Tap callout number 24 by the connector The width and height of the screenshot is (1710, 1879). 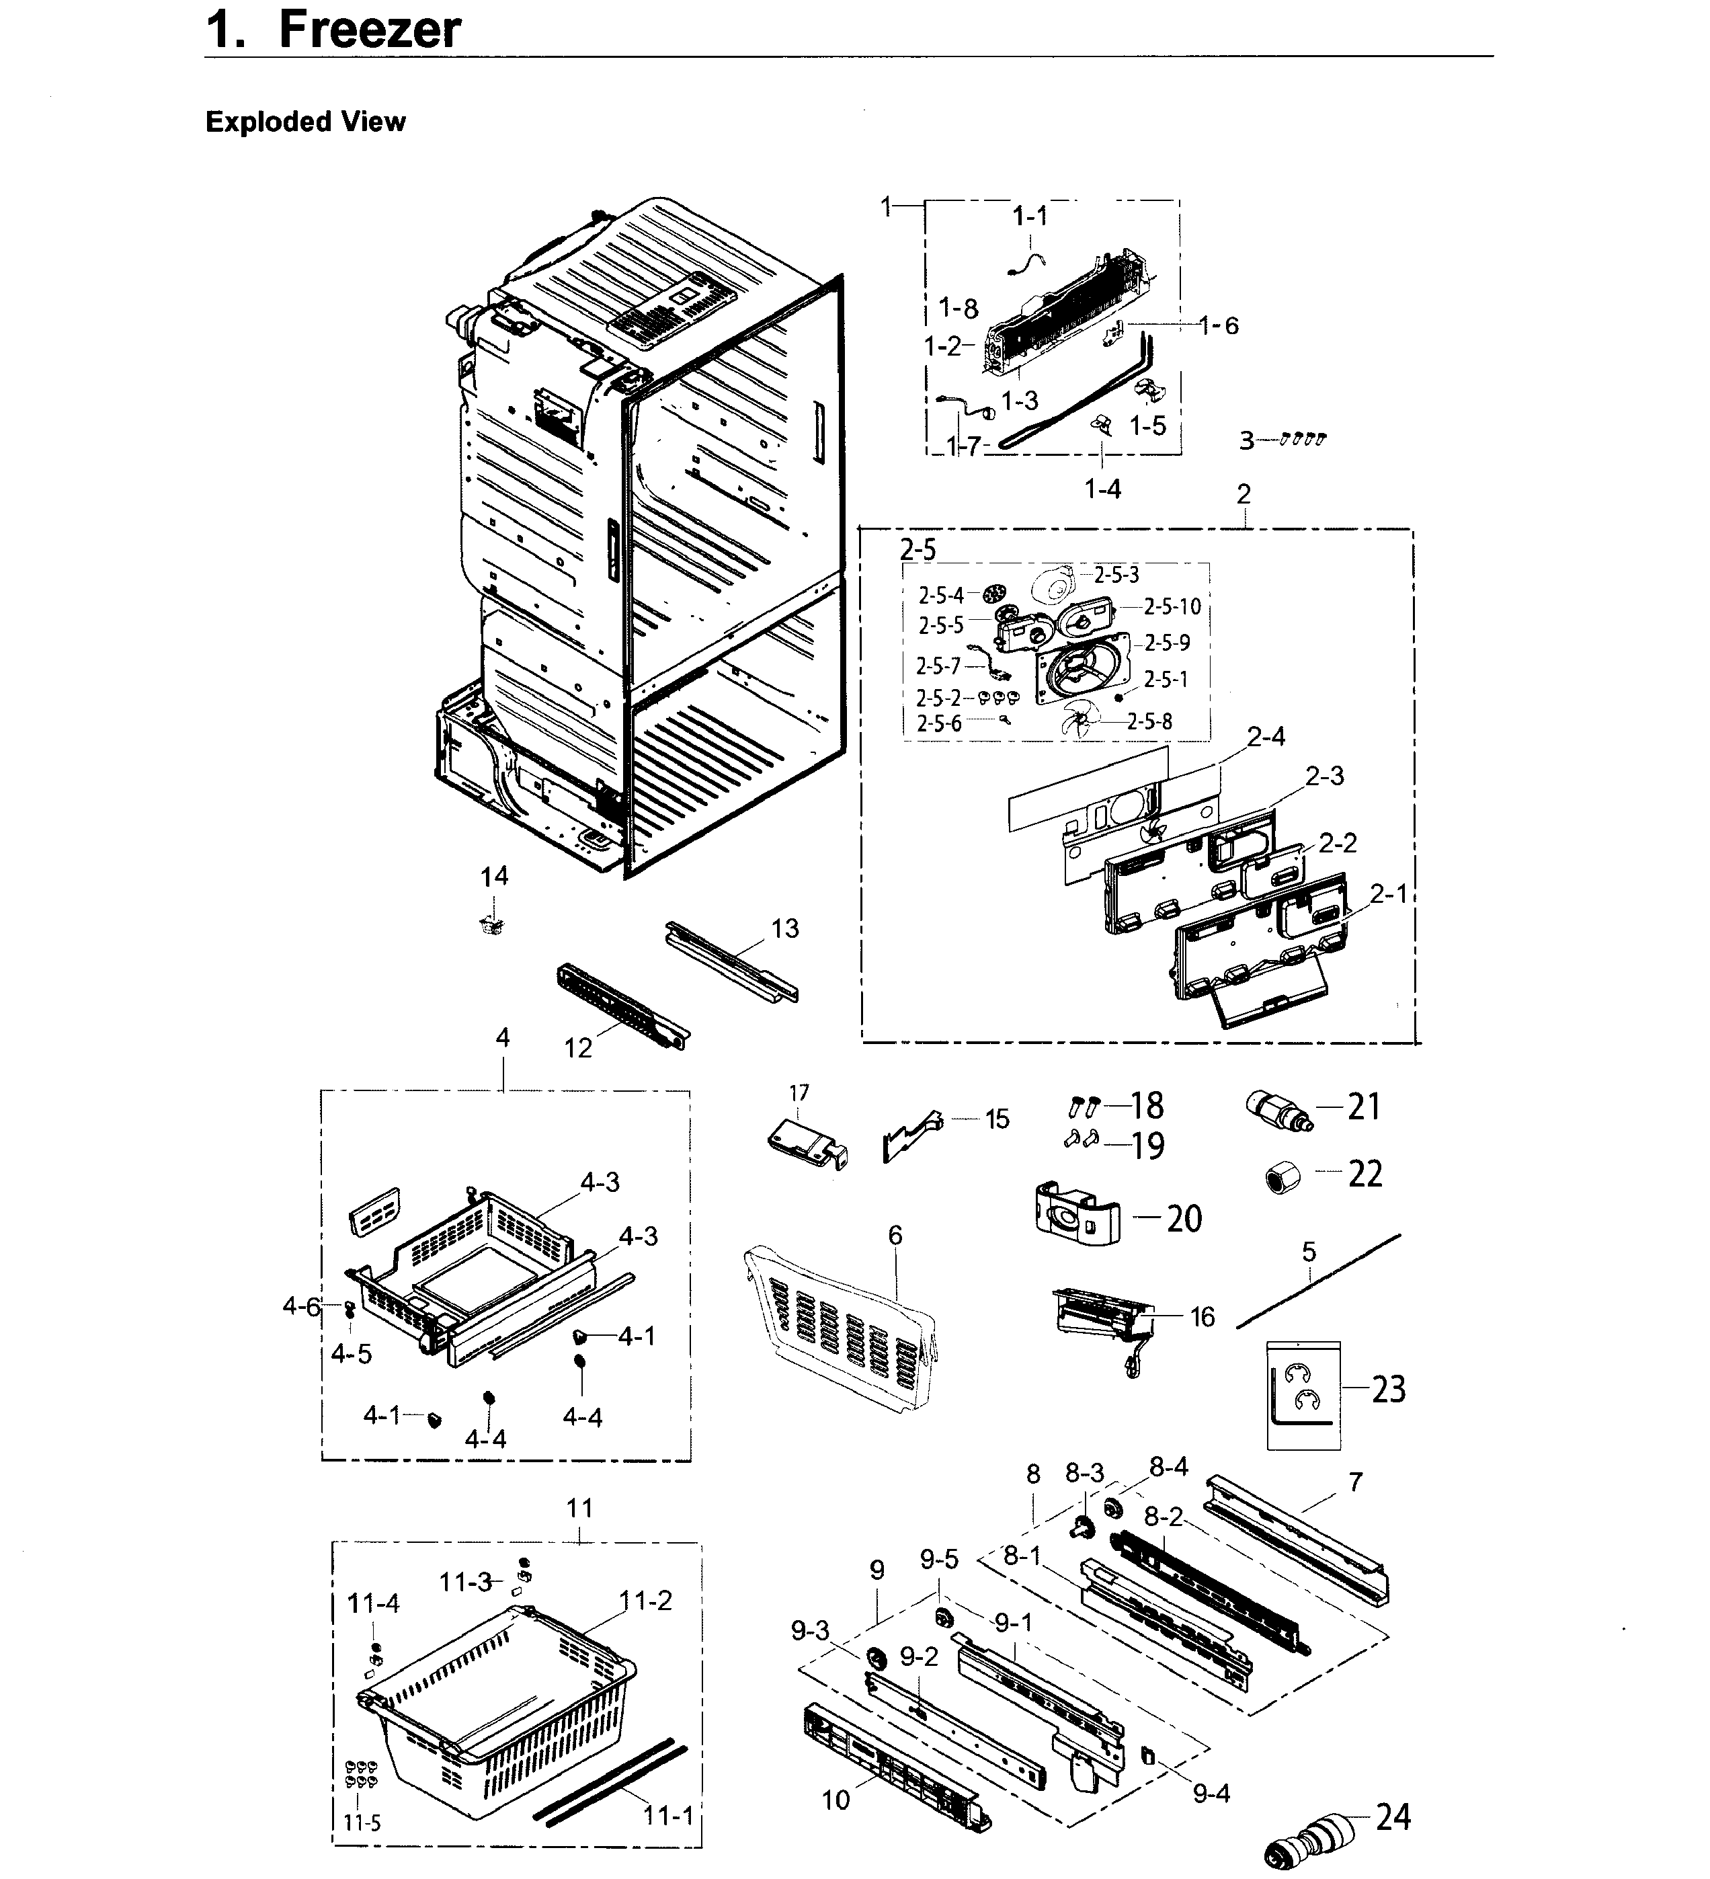[1392, 1816]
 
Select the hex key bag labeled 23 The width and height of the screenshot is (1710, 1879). [1303, 1394]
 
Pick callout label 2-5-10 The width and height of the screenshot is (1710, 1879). [1172, 607]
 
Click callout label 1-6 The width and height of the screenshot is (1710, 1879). [1219, 325]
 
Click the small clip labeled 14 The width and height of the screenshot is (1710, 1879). [493, 924]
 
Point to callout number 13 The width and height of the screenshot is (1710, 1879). [784, 928]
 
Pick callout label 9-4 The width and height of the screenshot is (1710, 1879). [1211, 1792]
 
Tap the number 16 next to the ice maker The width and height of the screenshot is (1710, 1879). [1202, 1317]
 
